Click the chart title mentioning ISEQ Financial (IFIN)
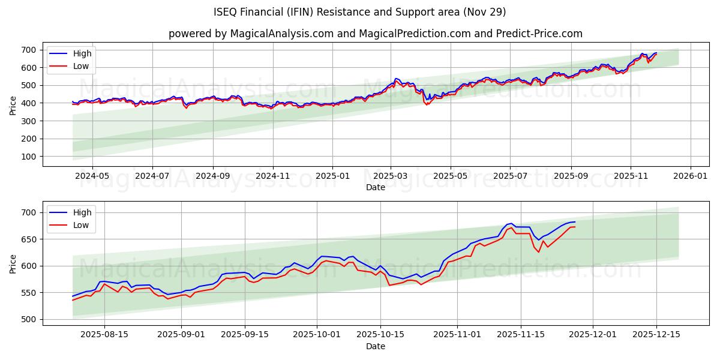coord(359,12)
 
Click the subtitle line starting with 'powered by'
coord(375,34)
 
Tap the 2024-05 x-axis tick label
coord(92,176)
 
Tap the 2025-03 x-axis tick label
coord(391,176)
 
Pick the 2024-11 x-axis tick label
coord(273,176)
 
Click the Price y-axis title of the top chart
coord(13,105)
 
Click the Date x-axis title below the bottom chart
coord(375,347)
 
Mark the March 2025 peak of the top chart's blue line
coord(395,79)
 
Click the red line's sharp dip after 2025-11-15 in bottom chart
coord(538,252)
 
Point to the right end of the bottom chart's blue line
coord(575,222)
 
